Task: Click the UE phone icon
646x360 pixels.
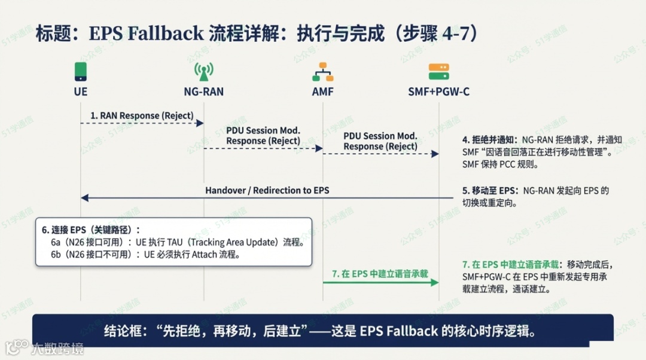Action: [81, 72]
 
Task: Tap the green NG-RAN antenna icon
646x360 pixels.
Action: [203, 72]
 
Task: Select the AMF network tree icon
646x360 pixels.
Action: [323, 72]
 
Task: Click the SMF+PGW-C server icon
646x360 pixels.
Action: [439, 72]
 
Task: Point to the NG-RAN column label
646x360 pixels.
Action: [203, 92]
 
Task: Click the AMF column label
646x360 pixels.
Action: [323, 92]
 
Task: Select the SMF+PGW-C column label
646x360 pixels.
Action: [439, 92]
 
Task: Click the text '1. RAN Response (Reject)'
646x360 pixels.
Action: [142, 115]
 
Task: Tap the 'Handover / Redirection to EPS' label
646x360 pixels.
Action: [267, 190]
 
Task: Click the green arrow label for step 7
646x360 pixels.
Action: [380, 274]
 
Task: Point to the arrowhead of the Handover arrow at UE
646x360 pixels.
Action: [85, 198]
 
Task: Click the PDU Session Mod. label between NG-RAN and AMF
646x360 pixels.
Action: [263, 136]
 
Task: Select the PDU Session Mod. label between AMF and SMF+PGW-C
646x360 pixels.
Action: [380, 142]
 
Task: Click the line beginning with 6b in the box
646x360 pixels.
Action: [150, 254]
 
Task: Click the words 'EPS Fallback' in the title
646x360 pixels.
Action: [146, 33]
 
